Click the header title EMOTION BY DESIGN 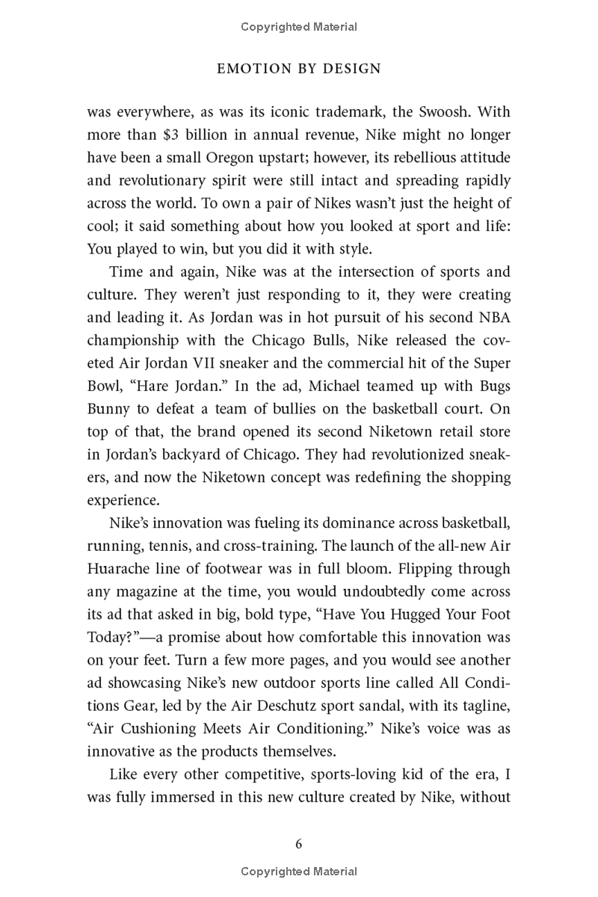coord(299,69)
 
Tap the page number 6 coord(299,844)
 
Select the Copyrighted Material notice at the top coord(299,27)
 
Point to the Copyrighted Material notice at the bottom coord(299,872)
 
